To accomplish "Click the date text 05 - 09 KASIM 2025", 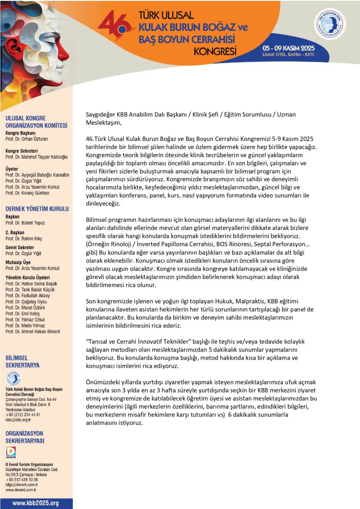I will tap(288, 48).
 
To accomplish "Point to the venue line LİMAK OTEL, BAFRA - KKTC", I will tap(288, 55).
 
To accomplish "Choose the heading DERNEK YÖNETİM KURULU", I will tap(37, 209).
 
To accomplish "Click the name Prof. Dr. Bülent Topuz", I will tap(25, 223).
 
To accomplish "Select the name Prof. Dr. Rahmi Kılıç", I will tap(24, 238).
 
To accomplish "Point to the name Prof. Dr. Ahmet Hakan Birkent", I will tap(33, 332).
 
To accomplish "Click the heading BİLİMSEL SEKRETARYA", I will tap(22, 361).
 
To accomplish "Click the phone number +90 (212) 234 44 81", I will tap(23, 414).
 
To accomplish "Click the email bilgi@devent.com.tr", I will tap(22, 484).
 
